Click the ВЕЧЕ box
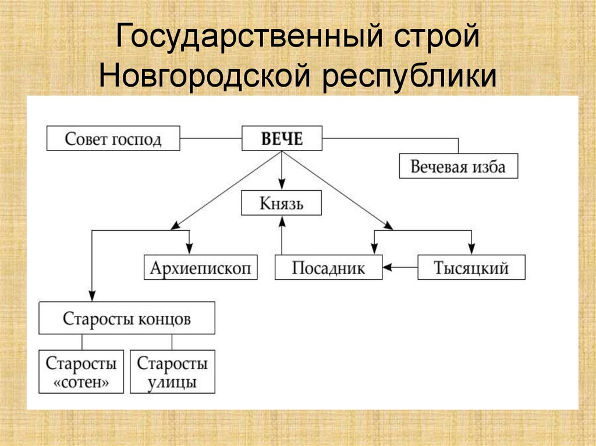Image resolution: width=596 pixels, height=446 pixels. [282, 138]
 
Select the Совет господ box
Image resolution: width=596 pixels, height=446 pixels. [113, 138]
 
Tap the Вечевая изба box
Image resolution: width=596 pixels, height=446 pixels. [459, 166]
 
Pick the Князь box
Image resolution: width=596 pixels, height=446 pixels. [281, 203]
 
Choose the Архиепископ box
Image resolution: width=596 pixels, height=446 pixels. [201, 267]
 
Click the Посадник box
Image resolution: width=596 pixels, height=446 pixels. [328, 267]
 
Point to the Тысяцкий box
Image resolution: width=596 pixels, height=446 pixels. [471, 267]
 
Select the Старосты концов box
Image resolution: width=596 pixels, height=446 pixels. [127, 318]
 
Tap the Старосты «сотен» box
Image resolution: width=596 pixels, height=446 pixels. [81, 372]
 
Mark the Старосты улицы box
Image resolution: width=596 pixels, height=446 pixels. [172, 372]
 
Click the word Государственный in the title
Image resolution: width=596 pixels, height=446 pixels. [249, 37]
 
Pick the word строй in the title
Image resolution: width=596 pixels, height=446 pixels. [437, 37]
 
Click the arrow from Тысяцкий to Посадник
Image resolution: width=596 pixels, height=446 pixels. [400, 267]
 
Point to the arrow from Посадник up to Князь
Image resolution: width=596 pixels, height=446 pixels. [282, 235]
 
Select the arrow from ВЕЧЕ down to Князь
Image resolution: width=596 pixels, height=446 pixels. [282, 170]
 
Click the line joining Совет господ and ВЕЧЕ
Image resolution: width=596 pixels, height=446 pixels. [211, 138]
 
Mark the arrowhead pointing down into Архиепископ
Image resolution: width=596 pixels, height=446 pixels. [189, 248]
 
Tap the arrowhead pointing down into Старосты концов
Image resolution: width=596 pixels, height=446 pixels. [92, 295]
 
